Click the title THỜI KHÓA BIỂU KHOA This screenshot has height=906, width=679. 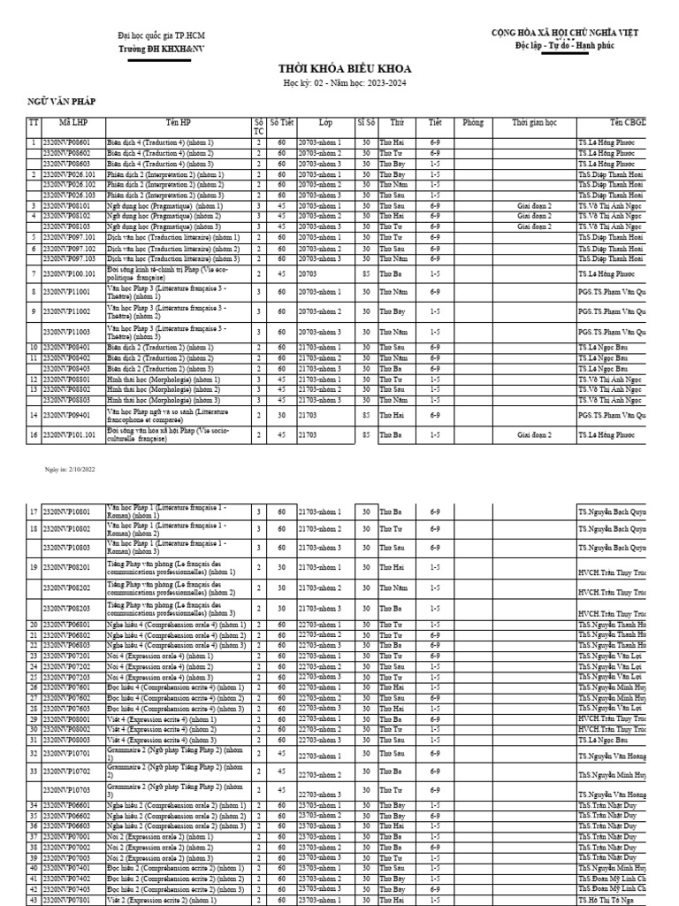click(339, 68)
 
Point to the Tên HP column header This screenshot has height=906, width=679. click(178, 122)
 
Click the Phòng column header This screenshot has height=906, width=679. click(473, 122)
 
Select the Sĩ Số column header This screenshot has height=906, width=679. click(366, 122)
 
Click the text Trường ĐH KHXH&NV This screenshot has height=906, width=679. click(154, 50)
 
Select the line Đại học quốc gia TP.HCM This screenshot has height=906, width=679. click(155, 35)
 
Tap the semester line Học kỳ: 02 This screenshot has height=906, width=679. click(339, 81)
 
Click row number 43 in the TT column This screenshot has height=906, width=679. click(34, 899)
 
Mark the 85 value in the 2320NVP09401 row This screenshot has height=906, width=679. click(366, 414)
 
